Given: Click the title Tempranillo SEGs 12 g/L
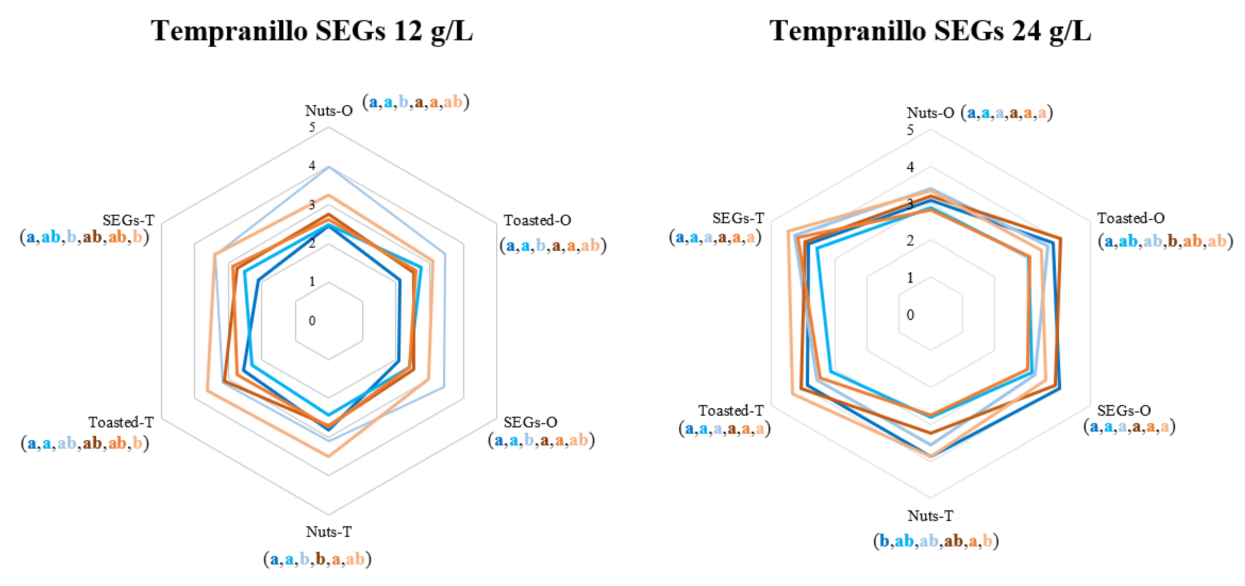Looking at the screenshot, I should click(x=312, y=31).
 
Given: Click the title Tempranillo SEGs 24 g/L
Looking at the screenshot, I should click(x=930, y=31).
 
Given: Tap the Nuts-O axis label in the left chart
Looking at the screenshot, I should click(x=329, y=110).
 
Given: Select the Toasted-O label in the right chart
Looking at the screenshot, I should click(x=1130, y=218).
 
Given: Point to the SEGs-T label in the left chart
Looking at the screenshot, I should click(x=128, y=220).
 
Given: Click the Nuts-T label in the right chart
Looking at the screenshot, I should click(x=930, y=516).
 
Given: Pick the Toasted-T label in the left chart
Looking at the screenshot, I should click(x=121, y=422).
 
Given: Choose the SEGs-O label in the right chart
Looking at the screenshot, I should click(x=1124, y=411).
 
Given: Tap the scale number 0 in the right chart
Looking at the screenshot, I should click(x=910, y=315).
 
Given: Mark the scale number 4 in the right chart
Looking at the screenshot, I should click(x=910, y=167).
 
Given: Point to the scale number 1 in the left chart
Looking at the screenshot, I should click(x=312, y=281).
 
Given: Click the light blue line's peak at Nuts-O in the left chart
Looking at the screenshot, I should click(x=329, y=167).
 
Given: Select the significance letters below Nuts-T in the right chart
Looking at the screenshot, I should click(x=936, y=541).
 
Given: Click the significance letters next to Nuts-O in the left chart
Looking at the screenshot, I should click(x=416, y=102).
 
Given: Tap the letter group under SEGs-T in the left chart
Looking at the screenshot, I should click(x=84, y=237).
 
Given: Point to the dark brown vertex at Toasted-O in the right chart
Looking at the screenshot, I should click(x=1060, y=239).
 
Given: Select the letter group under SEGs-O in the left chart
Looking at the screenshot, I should click(x=541, y=440).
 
